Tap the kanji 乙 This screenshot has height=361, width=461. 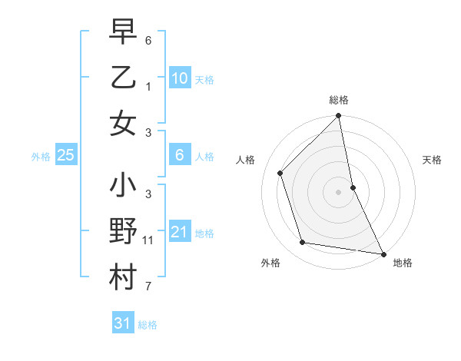click(123, 78)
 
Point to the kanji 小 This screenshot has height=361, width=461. click(123, 187)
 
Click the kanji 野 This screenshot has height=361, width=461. click(123, 232)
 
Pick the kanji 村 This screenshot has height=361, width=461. click(123, 278)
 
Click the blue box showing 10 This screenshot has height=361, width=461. click(179, 78)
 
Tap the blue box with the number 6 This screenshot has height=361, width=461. click(179, 155)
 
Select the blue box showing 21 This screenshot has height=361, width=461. click(179, 232)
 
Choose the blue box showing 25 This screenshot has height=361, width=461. click(65, 155)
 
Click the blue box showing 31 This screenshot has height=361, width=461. click(122, 323)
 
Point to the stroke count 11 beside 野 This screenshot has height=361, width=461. click(148, 240)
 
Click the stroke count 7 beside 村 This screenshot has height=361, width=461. click(148, 286)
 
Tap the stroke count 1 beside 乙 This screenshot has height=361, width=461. click(148, 86)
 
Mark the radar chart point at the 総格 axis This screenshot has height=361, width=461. click(338, 117)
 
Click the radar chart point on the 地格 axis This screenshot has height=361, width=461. click(383, 253)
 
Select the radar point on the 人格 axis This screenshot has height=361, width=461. click(280, 173)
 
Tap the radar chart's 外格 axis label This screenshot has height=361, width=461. click(270, 263)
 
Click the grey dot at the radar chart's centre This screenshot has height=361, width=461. click(338, 191)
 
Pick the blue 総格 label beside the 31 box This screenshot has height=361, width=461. click(148, 325)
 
